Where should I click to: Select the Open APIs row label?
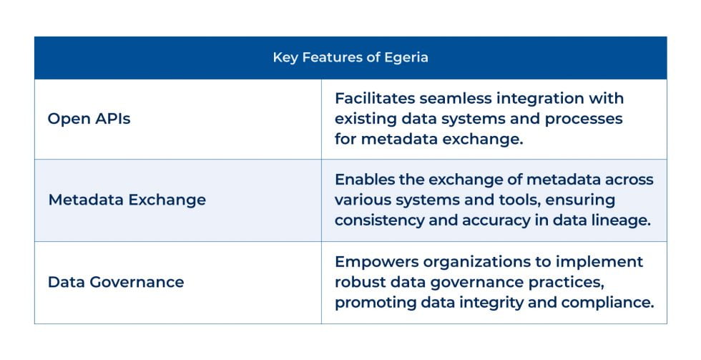pos(89,119)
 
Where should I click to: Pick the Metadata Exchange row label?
pos(127,200)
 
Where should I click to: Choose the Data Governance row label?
pos(116,282)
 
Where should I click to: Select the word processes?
pos(585,118)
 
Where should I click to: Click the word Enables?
pos(363,180)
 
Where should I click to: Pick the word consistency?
pos(378,220)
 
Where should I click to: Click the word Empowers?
pos(372,261)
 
